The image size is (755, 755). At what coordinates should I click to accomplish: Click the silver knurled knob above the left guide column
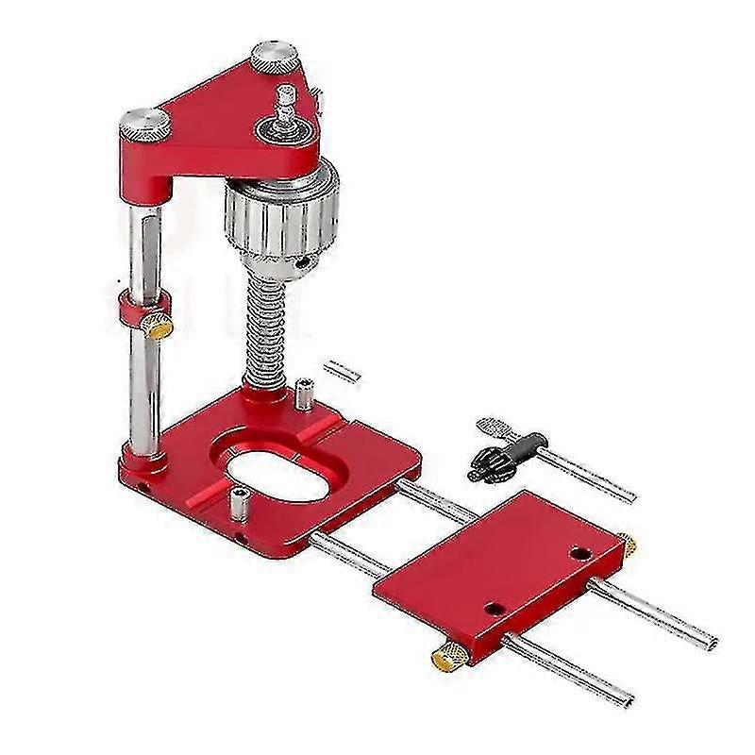coord(144,123)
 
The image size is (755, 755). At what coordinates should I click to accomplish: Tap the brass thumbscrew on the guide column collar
coord(159,327)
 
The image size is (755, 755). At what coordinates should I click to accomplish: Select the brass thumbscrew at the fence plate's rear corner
coord(627,545)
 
